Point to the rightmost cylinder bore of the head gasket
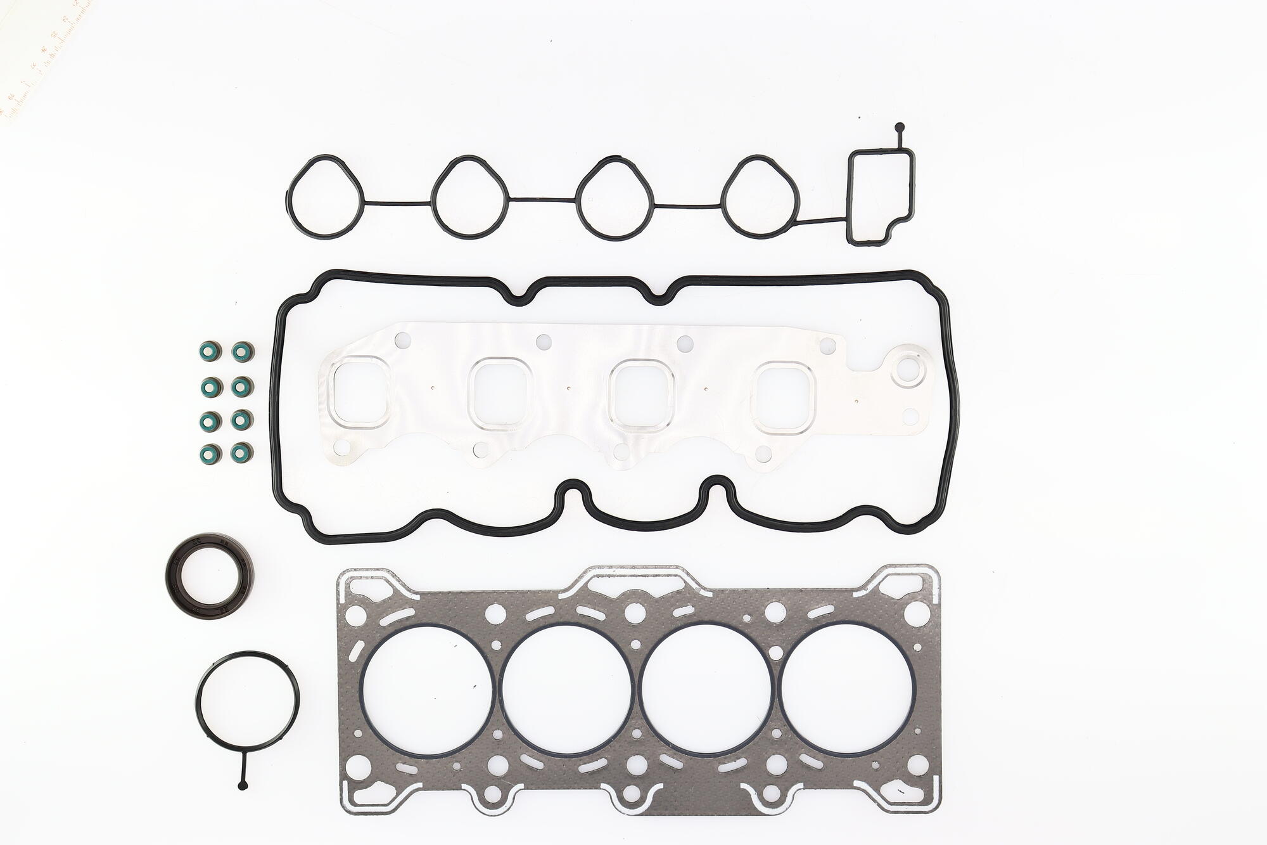click(x=845, y=685)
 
